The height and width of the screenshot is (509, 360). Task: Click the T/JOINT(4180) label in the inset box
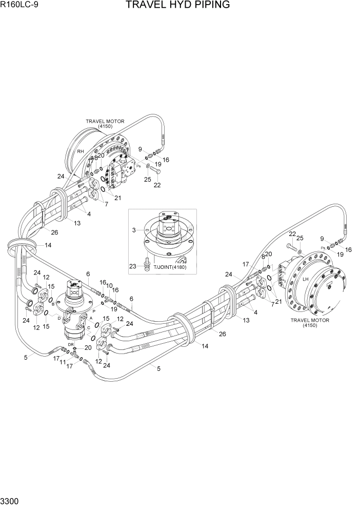tap(170, 267)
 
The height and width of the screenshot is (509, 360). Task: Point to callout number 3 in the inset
tap(134, 230)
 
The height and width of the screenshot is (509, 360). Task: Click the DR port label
tap(71, 344)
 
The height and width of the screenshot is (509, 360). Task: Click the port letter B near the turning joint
tap(53, 304)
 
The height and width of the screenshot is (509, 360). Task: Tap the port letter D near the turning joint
tap(59, 319)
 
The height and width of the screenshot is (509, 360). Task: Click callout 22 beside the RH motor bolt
tap(157, 185)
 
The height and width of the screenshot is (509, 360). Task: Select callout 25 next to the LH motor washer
tap(300, 238)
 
